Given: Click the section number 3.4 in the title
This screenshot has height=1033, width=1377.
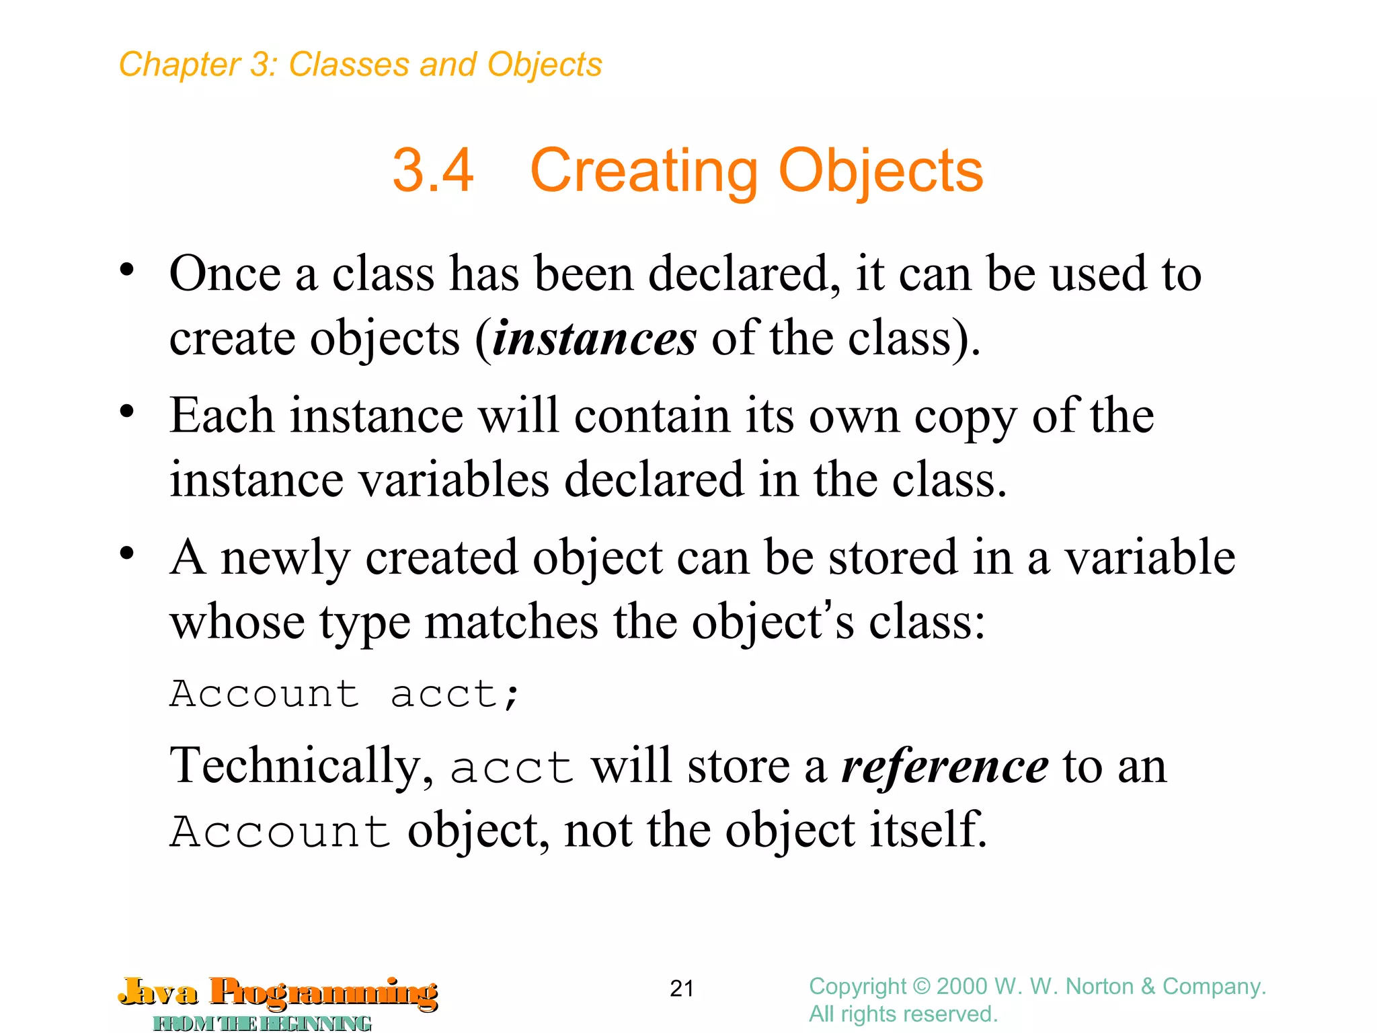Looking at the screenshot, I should coord(433,171).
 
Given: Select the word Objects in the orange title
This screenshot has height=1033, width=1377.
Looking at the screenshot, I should coord(881,171).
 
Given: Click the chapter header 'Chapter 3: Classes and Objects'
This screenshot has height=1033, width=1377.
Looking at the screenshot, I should coord(360,65).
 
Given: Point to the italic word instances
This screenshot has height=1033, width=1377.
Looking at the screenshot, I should coord(594,338).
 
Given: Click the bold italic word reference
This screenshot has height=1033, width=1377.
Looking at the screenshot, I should coord(945,766).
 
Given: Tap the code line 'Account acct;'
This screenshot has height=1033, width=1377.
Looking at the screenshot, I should coord(345,694).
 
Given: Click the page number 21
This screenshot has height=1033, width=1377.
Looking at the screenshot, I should coord(682,988).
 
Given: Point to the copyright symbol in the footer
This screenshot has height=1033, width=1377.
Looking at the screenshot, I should coord(921,987).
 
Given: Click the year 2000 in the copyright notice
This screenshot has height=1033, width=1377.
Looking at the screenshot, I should coord(962,987).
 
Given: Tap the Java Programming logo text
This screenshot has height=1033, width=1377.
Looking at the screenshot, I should coord(278,992).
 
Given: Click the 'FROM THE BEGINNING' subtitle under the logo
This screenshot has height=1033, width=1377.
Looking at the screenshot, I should coord(262,1024).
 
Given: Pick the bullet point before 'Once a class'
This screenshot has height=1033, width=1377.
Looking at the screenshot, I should coord(127,270).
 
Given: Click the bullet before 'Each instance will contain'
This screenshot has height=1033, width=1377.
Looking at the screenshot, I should coord(127,412).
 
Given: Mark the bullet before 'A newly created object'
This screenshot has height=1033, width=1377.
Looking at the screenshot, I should coord(127,553).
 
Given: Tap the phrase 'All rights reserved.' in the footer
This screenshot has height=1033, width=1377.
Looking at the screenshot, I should coord(903,1014).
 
